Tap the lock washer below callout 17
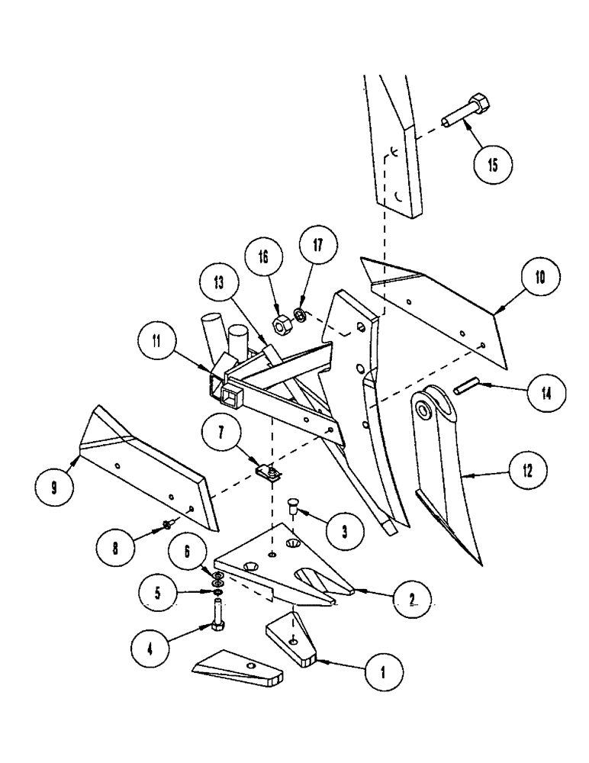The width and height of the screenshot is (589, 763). point(301,314)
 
